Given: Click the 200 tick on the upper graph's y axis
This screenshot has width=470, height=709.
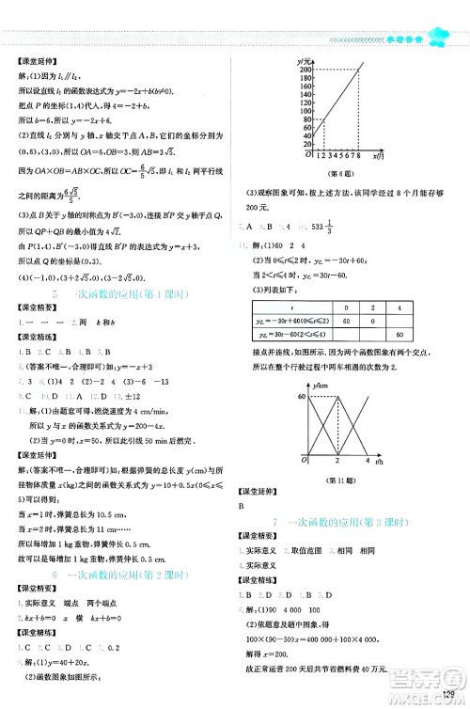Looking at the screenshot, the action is tap(305, 70).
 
